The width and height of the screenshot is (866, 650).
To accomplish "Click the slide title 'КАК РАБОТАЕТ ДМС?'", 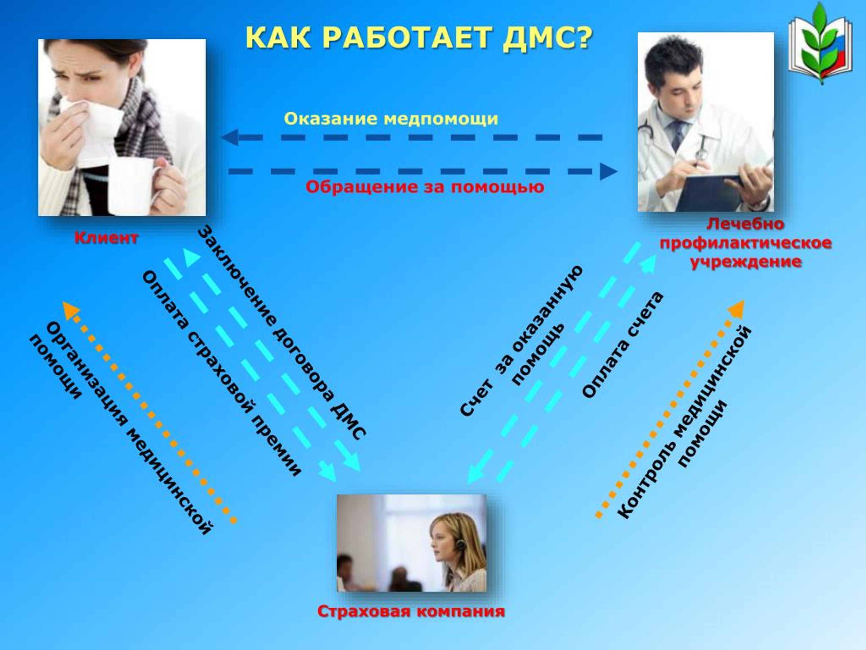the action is coord(419,38).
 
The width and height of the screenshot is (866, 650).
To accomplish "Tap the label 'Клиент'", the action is coord(107,238).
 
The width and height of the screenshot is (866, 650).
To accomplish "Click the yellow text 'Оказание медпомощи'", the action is coord(391,119).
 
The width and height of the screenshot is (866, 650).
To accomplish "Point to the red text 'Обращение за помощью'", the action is coord(425,187).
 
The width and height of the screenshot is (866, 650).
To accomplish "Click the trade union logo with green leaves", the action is coord(821,44).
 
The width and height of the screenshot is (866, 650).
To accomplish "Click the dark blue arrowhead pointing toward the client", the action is coord(230,137).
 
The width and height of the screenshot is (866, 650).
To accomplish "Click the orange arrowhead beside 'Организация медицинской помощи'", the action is coord(71,311).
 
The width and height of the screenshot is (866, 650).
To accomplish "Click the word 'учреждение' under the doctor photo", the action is coord(746,262).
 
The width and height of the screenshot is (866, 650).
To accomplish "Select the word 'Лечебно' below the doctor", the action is coord(746,224).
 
